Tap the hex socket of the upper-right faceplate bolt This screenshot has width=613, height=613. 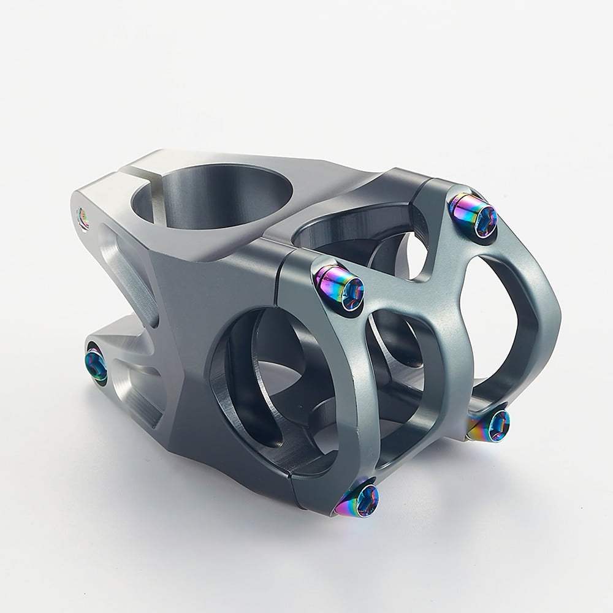tap(486, 215)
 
